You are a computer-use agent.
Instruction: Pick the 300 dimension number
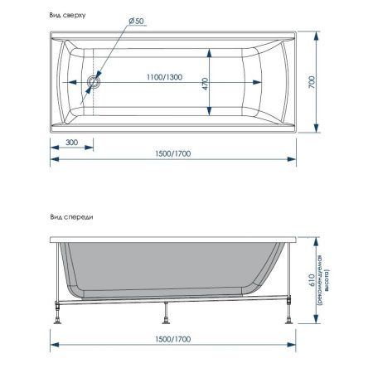click(x=70, y=143)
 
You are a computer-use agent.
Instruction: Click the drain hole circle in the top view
click(x=94, y=82)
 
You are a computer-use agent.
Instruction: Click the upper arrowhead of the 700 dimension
click(x=317, y=38)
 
